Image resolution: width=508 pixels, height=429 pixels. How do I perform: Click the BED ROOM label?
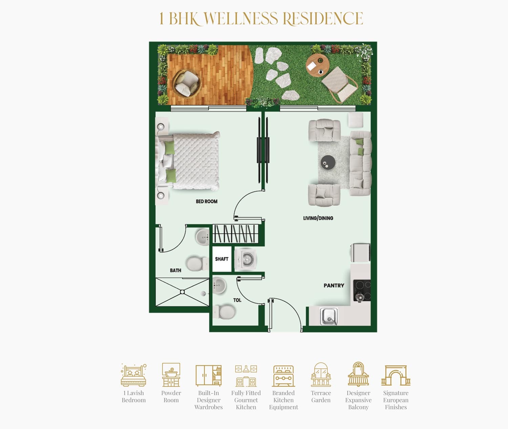coord(207,201)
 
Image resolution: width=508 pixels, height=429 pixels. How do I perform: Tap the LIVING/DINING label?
coord(318,218)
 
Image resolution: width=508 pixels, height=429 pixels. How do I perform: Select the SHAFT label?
coord(221,259)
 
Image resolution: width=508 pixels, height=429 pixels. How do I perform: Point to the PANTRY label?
coord(334,285)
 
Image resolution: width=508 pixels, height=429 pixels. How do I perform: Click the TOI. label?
coord(237,300)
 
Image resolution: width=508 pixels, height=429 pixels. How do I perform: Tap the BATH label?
coord(175,271)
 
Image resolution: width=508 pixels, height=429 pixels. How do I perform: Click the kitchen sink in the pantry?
coord(329,316)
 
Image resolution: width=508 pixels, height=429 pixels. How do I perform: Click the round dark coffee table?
coord(328,162)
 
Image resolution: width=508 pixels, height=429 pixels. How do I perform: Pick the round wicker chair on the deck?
coord(187,83)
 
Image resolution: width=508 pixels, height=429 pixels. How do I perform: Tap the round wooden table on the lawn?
coord(318,65)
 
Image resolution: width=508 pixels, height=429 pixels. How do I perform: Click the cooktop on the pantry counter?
coord(362,291)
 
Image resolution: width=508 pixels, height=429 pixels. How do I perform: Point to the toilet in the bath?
coord(197,264)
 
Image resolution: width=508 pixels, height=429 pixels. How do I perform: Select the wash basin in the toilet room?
coord(219,285)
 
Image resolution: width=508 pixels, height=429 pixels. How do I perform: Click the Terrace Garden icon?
coord(321,375)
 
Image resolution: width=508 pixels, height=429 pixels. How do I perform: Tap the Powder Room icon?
coord(171,375)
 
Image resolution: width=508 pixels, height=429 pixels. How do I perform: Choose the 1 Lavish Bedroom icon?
coord(133,375)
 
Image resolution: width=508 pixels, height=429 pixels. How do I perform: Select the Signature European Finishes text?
coord(396,400)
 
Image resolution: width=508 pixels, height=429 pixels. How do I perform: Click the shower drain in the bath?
coord(182,292)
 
